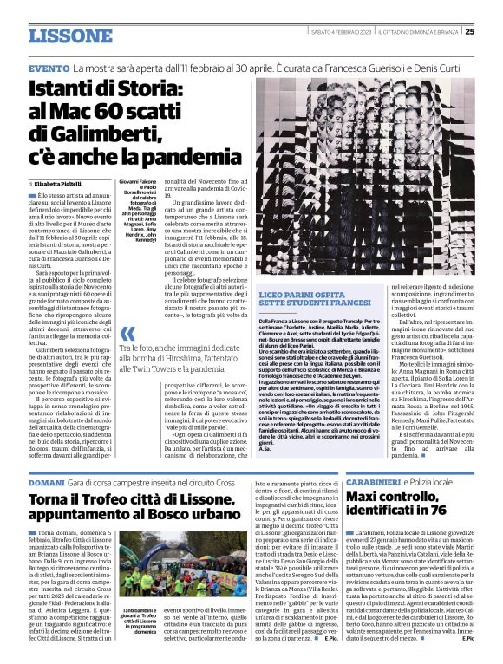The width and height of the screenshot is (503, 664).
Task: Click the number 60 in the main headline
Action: [x=108, y=111]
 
